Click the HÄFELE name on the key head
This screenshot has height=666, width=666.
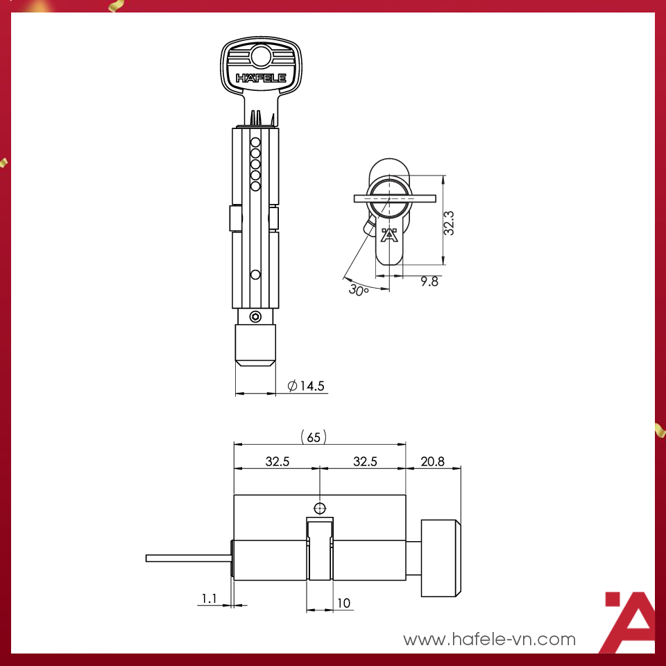point(261,78)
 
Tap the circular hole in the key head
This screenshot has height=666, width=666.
point(261,55)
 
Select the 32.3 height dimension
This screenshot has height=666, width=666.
point(450,223)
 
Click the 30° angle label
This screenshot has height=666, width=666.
point(358,290)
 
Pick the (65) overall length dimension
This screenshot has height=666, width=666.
point(314,437)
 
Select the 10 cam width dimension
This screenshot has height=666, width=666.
point(343,603)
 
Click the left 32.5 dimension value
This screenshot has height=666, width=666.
point(277,461)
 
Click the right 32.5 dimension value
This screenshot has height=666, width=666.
point(364,461)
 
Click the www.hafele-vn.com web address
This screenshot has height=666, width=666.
point(489,639)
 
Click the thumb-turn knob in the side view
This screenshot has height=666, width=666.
point(441,558)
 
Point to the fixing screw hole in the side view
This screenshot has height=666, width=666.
point(319,507)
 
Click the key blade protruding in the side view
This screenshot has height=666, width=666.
point(187,558)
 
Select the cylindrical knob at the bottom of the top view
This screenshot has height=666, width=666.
point(255,345)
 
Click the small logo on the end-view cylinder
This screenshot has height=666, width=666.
point(389,237)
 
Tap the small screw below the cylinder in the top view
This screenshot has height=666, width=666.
point(255,317)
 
